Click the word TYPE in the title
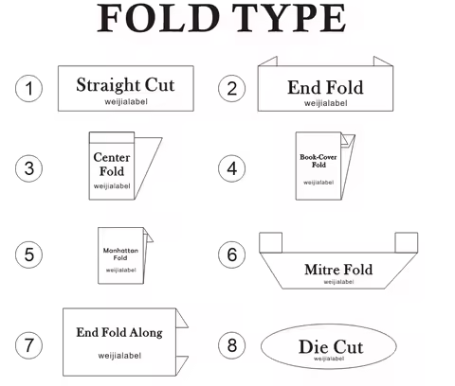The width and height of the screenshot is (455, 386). [x=289, y=18]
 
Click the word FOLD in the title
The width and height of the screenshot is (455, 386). [x=158, y=18]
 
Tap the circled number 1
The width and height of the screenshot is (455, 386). [x=28, y=88]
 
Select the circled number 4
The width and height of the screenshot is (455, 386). [x=231, y=168]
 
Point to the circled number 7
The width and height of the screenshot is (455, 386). [x=28, y=345]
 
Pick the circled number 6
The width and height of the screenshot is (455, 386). [x=231, y=254]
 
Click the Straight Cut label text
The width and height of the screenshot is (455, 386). [x=125, y=85]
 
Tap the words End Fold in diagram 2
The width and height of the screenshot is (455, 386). [x=325, y=87]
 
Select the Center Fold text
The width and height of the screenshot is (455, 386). [x=112, y=165]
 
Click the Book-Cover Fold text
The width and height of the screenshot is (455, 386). [x=318, y=161]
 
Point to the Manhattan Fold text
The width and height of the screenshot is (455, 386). [x=120, y=254]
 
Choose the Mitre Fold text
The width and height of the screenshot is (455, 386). [x=338, y=270]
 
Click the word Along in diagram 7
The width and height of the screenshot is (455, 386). [x=146, y=333]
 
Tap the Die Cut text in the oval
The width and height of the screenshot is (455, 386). [x=331, y=347]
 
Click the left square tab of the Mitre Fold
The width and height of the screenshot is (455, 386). [x=270, y=242]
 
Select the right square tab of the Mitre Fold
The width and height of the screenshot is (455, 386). [x=407, y=242]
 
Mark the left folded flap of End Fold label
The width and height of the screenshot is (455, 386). [x=268, y=61]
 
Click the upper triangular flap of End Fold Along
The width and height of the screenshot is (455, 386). [x=181, y=319]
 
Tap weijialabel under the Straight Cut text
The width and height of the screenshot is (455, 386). [x=126, y=102]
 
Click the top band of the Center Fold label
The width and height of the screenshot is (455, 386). [x=112, y=138]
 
